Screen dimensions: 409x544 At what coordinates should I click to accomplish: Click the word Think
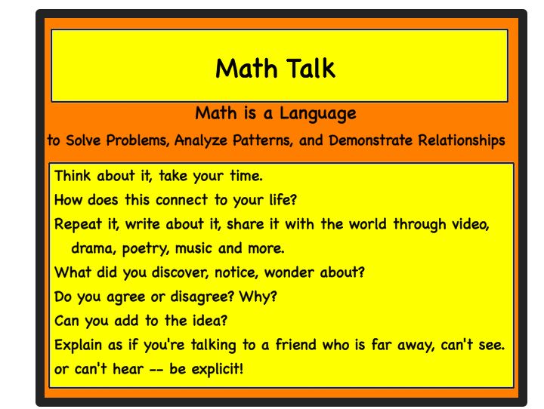[73, 177]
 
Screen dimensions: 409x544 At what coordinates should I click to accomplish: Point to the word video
[471, 224]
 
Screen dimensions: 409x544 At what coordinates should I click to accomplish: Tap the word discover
[156, 272]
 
